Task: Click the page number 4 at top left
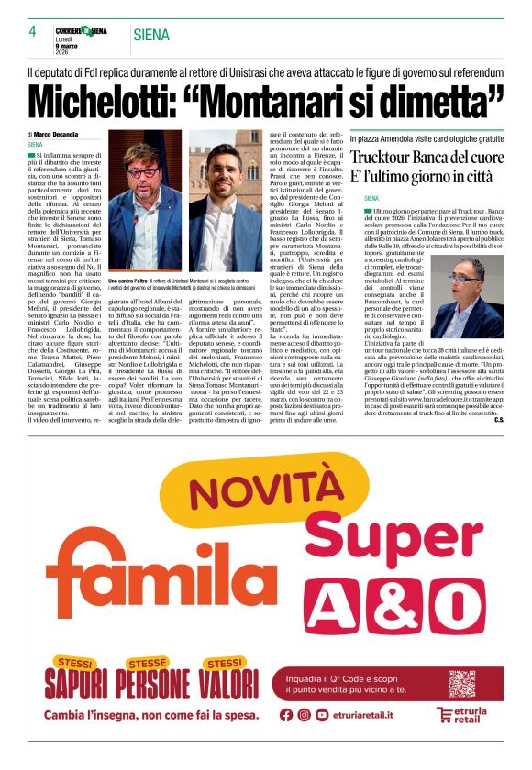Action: (x=32, y=31)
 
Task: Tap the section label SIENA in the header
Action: (x=151, y=36)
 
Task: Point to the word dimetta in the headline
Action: (x=440, y=97)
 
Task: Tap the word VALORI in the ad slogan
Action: (x=218, y=684)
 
